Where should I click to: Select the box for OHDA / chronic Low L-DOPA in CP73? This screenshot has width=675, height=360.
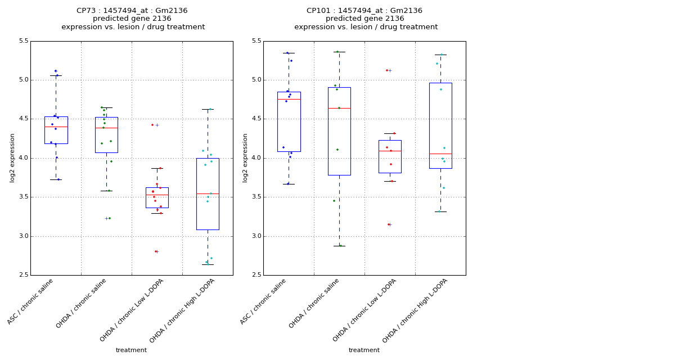tap(157, 197)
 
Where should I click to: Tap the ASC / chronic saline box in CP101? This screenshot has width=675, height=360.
tap(289, 121)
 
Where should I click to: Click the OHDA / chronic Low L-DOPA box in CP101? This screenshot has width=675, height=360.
tap(390, 156)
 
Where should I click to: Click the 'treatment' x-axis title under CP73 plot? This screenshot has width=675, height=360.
tap(131, 350)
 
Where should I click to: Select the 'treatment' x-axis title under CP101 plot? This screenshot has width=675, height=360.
tap(364, 350)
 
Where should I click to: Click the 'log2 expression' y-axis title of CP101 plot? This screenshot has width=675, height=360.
tap(245, 157)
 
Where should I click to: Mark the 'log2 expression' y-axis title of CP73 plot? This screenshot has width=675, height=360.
tap(12, 157)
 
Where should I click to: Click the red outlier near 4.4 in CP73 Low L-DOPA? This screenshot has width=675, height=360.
tap(152, 125)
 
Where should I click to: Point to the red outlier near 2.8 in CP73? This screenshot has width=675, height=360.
tap(156, 251)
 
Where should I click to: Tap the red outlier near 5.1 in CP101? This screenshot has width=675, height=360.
tap(387, 70)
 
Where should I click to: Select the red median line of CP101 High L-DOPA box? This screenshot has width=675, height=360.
tap(440, 154)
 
